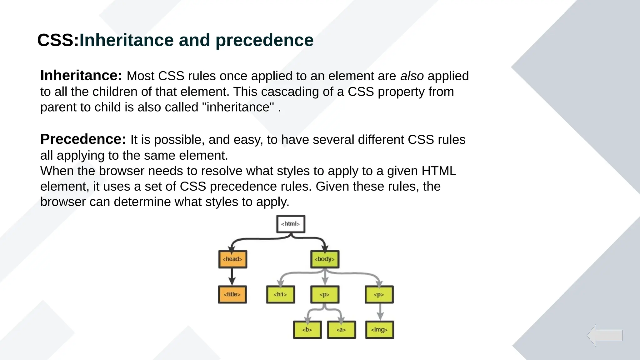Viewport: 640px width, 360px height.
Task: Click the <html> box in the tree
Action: click(x=291, y=224)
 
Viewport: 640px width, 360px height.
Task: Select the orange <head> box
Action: click(x=232, y=259)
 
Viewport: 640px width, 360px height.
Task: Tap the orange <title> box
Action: click(x=232, y=294)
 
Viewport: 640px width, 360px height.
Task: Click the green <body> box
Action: click(x=325, y=259)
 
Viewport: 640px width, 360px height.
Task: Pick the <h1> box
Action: click(x=280, y=294)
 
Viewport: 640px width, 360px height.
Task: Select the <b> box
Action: click(x=307, y=330)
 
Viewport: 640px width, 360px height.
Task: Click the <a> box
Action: click(x=341, y=330)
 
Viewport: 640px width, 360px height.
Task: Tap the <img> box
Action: click(x=379, y=330)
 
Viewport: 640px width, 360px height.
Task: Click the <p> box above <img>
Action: click(x=379, y=294)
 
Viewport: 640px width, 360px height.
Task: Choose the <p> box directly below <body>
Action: click(x=325, y=294)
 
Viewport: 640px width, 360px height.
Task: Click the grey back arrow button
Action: click(x=605, y=335)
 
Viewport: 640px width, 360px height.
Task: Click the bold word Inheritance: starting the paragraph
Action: click(x=81, y=76)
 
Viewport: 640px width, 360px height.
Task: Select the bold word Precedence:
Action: click(x=83, y=139)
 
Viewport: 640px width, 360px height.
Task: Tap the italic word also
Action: click(x=412, y=76)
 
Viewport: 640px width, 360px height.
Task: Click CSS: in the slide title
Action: click(x=58, y=40)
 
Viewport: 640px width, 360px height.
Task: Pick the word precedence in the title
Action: click(x=264, y=40)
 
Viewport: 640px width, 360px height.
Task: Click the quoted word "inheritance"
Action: click(x=238, y=107)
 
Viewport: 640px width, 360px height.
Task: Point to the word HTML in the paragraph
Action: click(x=439, y=171)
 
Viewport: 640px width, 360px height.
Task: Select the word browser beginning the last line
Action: click(x=63, y=202)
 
